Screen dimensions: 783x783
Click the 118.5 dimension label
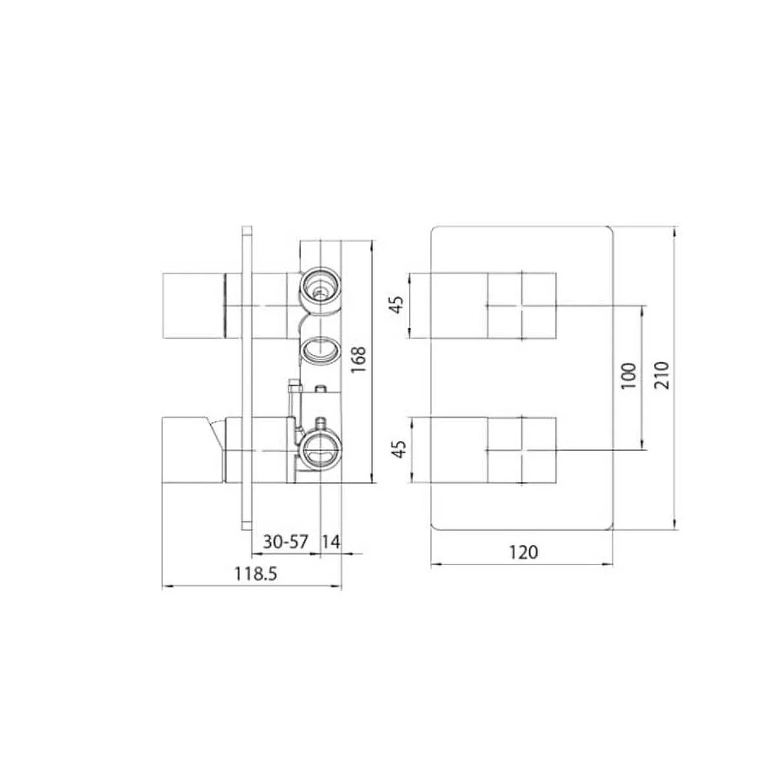pyautogui.click(x=256, y=574)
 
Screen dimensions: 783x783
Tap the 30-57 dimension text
pyautogui.click(x=286, y=542)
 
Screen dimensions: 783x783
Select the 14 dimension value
pyautogui.click(x=331, y=542)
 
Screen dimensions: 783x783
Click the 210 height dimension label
pyautogui.click(x=662, y=375)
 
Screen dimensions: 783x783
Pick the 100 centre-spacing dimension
pyautogui.click(x=628, y=375)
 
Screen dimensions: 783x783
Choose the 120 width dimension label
pyautogui.click(x=523, y=552)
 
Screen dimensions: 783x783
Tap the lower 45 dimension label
pyautogui.click(x=400, y=450)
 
